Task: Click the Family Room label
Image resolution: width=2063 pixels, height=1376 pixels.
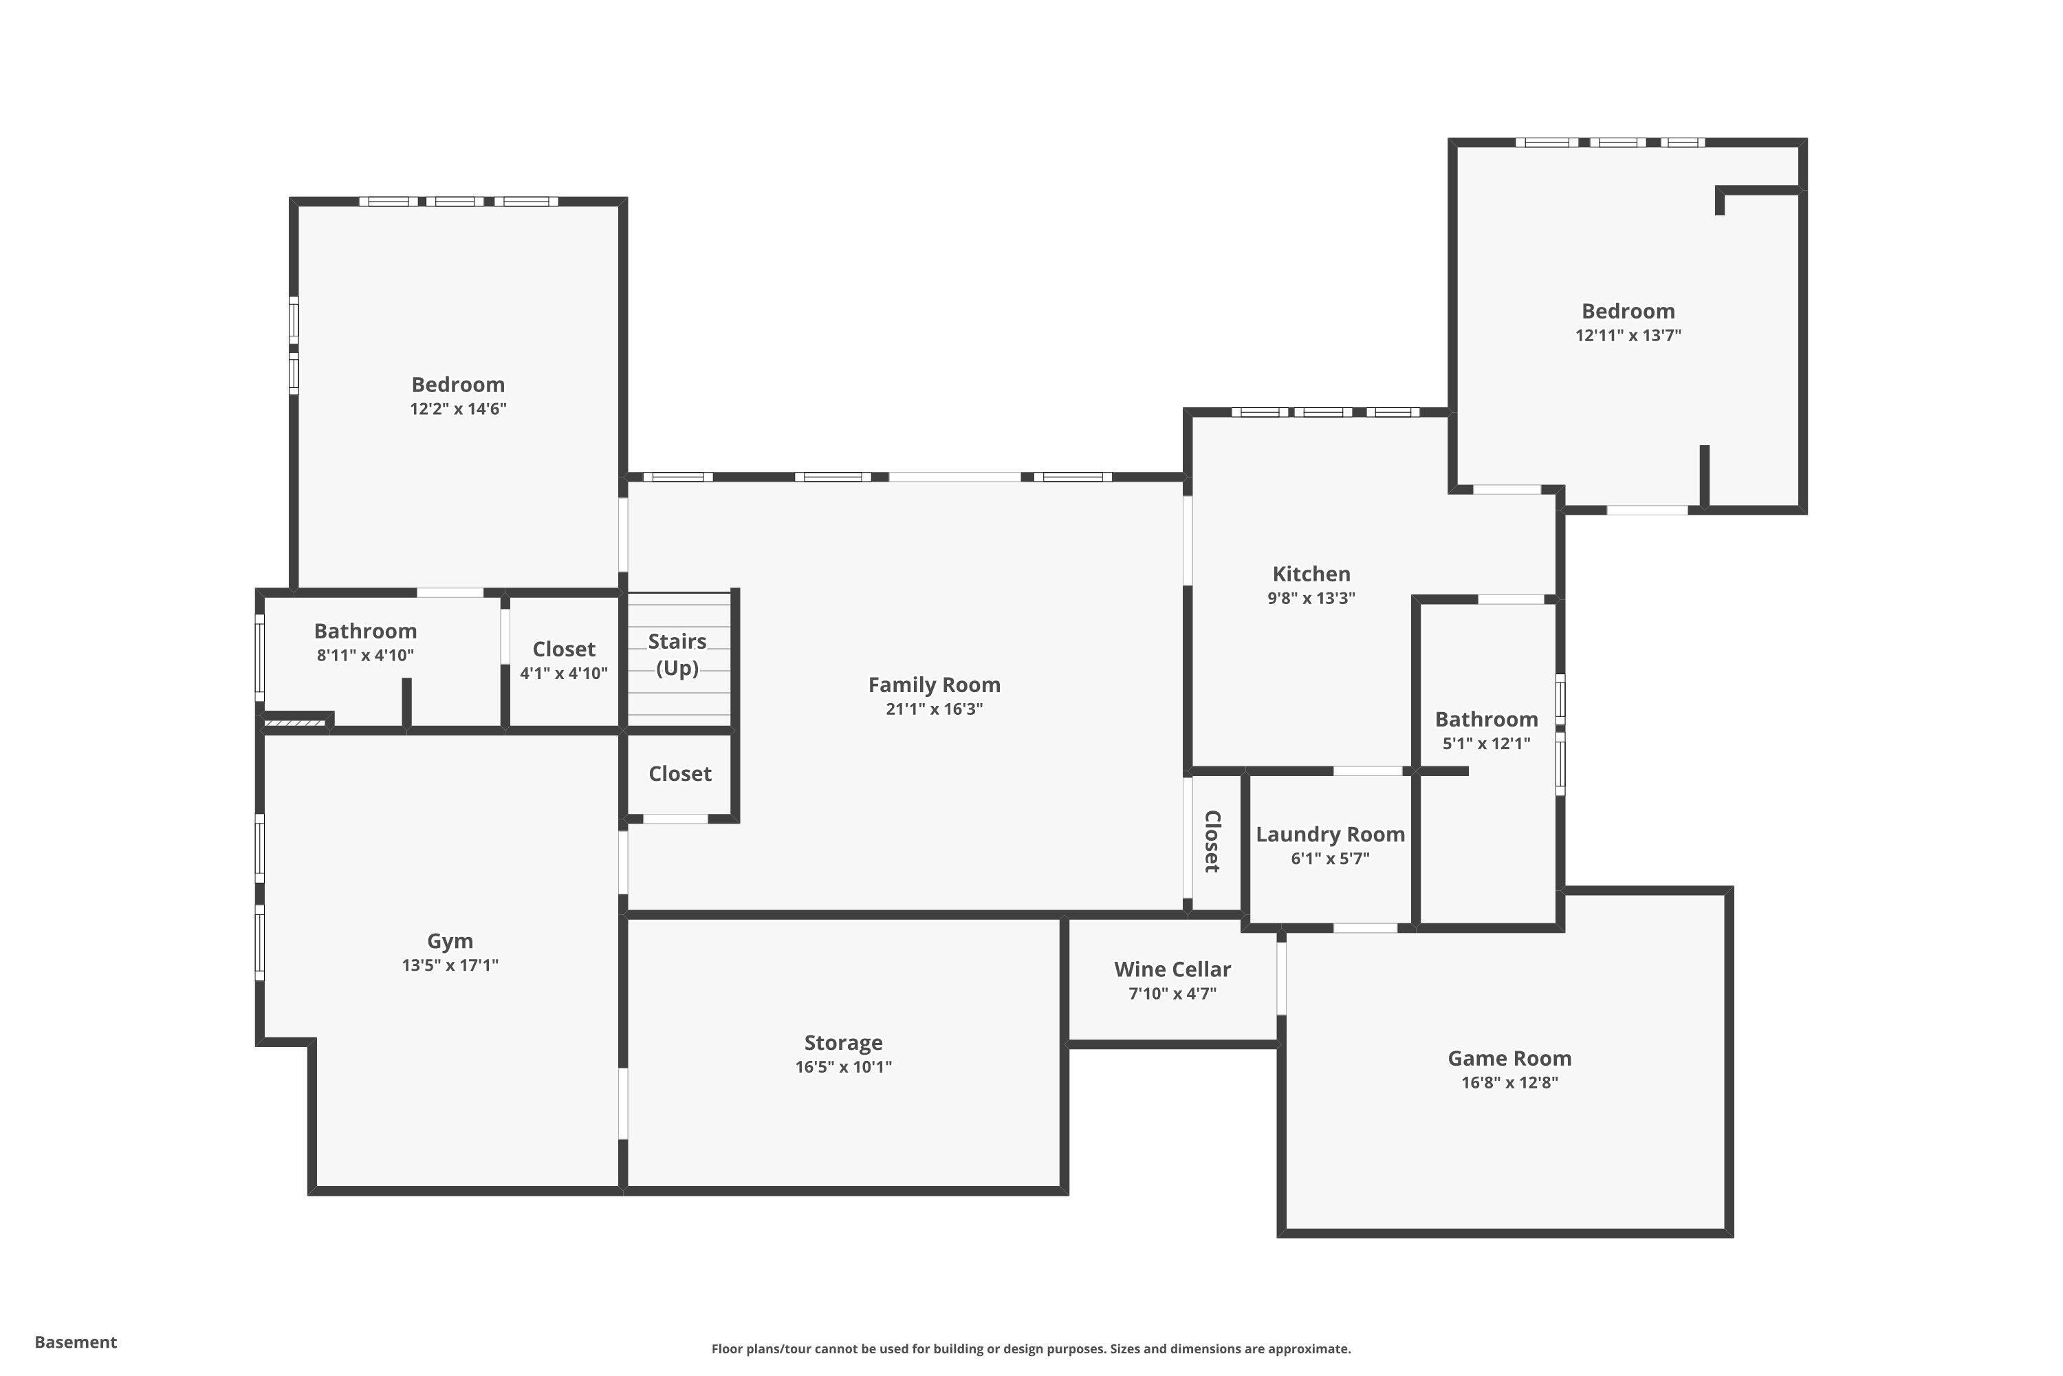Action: [x=934, y=685]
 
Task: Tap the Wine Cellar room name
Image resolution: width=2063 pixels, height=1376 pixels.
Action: [x=1172, y=969]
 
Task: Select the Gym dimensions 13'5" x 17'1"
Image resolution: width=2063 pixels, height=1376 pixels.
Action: [x=450, y=965]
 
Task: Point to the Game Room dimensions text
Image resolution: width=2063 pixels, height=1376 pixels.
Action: [x=1509, y=1083]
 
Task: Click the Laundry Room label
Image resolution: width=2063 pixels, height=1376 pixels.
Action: [x=1330, y=835]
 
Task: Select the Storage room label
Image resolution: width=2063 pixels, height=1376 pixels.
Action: [x=843, y=1042]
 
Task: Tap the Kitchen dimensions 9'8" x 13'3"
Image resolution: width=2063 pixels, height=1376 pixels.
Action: [x=1311, y=599]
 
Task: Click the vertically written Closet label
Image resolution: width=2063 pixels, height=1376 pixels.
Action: [x=1212, y=841]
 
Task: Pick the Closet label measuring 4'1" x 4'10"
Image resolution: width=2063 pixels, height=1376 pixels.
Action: [x=563, y=649]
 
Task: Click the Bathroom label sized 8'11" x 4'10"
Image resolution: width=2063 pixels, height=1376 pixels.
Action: [x=365, y=631]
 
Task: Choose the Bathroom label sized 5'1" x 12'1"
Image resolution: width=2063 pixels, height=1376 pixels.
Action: [x=1486, y=720]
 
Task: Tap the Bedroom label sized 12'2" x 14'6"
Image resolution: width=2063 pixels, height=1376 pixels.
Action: [x=458, y=385]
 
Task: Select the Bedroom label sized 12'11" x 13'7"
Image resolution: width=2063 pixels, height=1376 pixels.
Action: [x=1628, y=311]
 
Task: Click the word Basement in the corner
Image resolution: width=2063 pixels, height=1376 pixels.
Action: [x=76, y=1342]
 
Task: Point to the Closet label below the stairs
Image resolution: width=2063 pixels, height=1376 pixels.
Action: [x=680, y=774]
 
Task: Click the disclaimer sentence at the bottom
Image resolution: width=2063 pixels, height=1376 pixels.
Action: [x=1031, y=1348]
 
